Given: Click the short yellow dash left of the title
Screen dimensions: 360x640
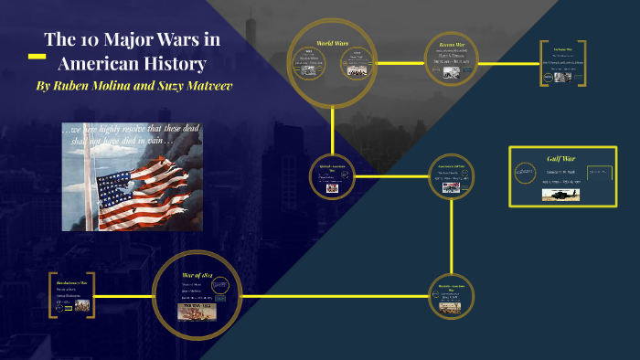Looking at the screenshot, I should pyautogui.click(x=37, y=57).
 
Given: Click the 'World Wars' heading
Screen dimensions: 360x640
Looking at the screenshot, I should pyautogui.click(x=333, y=44).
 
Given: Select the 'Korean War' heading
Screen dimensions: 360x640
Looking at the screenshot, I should pyautogui.click(x=448, y=44).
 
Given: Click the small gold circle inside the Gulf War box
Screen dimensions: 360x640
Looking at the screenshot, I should pyautogui.click(x=524, y=171).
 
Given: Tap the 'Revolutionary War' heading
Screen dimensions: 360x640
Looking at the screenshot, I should pyautogui.click(x=69, y=283).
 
